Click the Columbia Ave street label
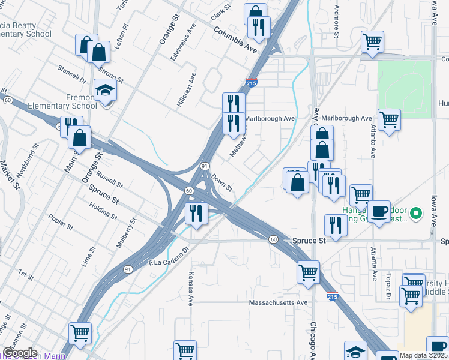tap(235, 38)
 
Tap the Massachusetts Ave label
tap(279, 303)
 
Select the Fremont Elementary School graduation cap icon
tap(106, 91)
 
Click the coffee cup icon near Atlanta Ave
tap(379, 212)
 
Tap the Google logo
tap(20, 353)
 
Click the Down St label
tap(221, 182)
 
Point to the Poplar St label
tap(61, 223)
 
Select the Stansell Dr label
tap(72, 75)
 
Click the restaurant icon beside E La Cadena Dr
tap(196, 212)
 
